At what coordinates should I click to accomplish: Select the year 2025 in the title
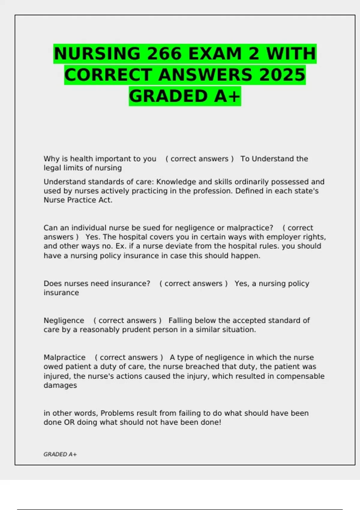(282, 75)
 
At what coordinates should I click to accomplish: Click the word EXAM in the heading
(215, 54)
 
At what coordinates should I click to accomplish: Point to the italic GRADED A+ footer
(60, 454)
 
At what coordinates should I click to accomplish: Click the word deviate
(170, 246)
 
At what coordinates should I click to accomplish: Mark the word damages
(60, 385)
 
